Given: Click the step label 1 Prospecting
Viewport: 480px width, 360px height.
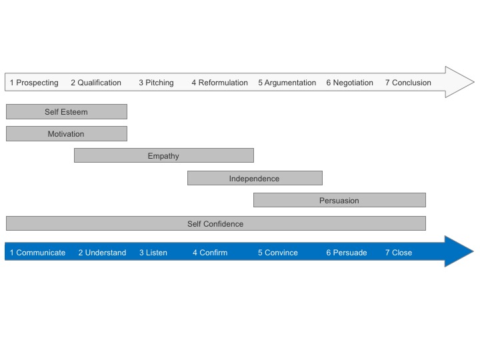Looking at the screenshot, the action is click(34, 83).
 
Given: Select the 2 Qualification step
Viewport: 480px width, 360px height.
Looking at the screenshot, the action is click(96, 83).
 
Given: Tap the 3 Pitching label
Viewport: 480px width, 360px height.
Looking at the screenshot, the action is click(156, 83).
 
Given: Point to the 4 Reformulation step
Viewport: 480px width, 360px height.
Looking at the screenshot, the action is click(220, 83).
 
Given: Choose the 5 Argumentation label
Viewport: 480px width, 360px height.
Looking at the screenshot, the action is click(287, 83).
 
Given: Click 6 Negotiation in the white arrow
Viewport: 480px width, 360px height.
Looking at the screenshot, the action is click(349, 83).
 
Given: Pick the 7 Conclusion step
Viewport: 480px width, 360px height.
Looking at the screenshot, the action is click(408, 83).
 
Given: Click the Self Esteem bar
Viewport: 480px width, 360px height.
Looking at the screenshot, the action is click(67, 112).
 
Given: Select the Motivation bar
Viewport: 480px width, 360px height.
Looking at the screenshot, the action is click(67, 134).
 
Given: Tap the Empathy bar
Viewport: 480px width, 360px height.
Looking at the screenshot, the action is click(164, 155).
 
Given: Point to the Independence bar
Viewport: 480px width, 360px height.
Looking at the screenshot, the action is click(255, 178).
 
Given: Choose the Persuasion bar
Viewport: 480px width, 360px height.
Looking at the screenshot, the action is click(339, 200).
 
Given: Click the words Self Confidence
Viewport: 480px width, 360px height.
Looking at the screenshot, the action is click(215, 224).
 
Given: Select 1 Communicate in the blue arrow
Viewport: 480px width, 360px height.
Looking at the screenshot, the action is click(37, 253).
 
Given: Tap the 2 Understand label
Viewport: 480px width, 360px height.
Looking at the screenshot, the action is click(102, 253).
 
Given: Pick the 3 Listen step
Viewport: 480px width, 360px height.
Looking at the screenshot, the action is click(153, 253).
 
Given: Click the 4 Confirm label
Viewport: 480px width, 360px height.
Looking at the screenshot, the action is click(210, 253).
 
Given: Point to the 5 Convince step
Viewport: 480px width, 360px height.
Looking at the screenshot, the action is click(278, 253).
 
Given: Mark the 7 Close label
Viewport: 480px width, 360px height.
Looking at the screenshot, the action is click(399, 253).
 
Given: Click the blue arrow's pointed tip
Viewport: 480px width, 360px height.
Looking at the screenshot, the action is click(473, 251).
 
